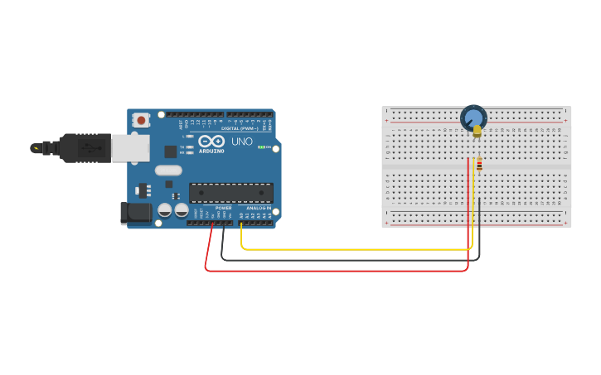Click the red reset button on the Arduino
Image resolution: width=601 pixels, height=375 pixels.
click(x=142, y=120)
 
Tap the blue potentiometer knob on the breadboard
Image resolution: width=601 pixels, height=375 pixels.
click(x=473, y=118)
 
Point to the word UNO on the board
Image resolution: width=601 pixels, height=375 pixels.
click(x=242, y=142)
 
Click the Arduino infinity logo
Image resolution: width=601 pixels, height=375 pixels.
click(x=211, y=141)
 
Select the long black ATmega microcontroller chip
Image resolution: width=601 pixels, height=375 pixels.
click(x=231, y=193)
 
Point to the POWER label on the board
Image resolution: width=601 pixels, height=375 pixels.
click(x=224, y=208)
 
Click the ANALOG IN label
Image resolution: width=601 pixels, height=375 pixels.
click(x=260, y=208)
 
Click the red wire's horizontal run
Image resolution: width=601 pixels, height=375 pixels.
click(x=332, y=270)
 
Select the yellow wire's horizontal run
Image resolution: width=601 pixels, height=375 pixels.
click(x=348, y=248)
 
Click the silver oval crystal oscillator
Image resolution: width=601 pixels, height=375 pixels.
click(x=167, y=171)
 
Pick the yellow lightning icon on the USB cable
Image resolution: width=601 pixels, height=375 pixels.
click(x=35, y=148)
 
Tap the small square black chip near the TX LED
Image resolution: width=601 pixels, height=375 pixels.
click(x=171, y=151)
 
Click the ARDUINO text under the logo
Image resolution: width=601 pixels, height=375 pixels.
click(x=211, y=151)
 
